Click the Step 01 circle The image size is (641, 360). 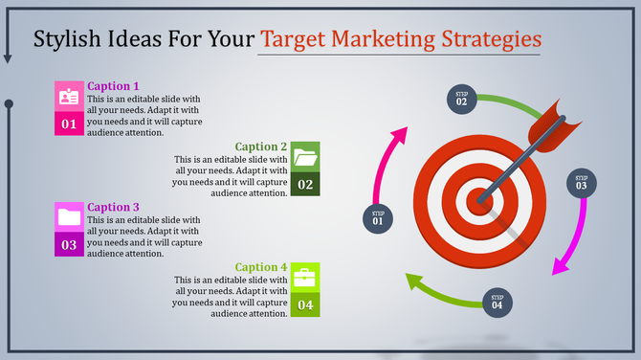tap(378, 218)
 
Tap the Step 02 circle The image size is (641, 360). tap(461, 98)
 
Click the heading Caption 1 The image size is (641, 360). tap(113, 86)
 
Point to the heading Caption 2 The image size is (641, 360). tap(261, 146)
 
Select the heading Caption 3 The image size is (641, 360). tap(113, 207)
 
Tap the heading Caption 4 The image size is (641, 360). tap(261, 267)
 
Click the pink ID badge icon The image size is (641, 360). tap(69, 97)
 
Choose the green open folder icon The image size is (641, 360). tap(306, 156)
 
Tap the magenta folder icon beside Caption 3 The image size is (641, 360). tap(69, 217)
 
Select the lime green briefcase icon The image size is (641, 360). tap(306, 278)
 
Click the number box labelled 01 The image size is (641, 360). tap(69, 124)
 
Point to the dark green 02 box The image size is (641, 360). tap(306, 184)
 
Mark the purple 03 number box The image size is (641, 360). tap(69, 245)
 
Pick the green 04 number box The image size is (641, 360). tap(306, 305)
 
